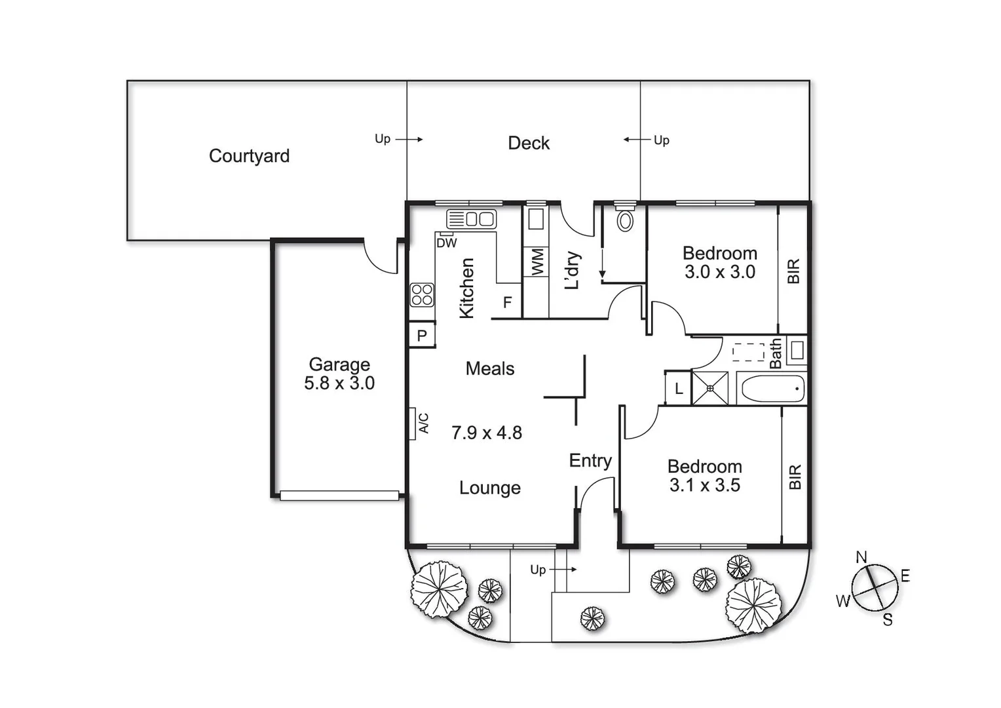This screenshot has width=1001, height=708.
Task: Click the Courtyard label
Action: (x=249, y=156)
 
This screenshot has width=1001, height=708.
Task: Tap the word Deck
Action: (x=529, y=143)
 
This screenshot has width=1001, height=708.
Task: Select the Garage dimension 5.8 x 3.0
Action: (x=339, y=383)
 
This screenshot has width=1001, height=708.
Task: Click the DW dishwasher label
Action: (x=447, y=243)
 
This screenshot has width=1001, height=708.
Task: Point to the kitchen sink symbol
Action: (x=471, y=219)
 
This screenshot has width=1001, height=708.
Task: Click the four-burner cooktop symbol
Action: (x=422, y=295)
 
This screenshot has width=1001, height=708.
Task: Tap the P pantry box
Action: (x=422, y=336)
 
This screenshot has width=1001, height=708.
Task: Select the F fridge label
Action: (x=507, y=303)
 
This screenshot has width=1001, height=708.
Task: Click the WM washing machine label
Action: (x=537, y=262)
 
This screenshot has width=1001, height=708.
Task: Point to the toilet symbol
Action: (x=626, y=220)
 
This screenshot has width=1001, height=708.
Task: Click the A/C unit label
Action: (x=423, y=423)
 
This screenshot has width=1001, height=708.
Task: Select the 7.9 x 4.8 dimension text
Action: (x=487, y=433)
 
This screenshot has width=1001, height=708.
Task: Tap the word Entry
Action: (x=590, y=461)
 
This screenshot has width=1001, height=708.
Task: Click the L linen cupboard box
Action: (x=679, y=388)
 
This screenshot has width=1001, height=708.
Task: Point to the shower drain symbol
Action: (x=710, y=388)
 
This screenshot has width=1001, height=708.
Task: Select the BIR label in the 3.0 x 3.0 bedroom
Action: (x=793, y=271)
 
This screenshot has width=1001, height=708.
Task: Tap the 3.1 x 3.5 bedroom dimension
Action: (x=705, y=486)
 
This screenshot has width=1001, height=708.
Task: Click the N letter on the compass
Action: (x=861, y=557)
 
